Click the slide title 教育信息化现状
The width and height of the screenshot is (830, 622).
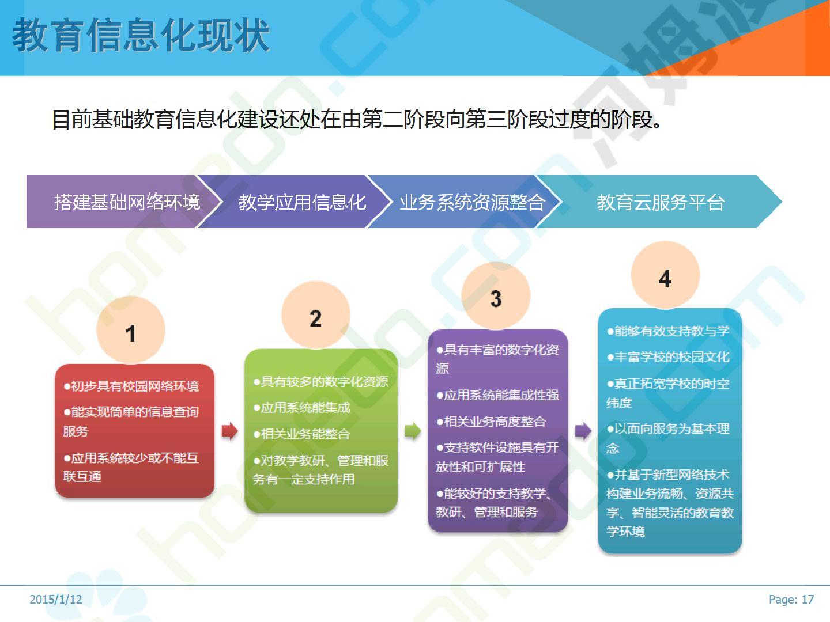click(x=141, y=36)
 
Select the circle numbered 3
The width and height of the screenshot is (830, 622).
click(x=496, y=295)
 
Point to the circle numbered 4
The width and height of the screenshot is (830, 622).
click(x=665, y=275)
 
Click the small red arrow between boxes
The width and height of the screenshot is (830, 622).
click(x=229, y=431)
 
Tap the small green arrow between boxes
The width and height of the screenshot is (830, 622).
click(x=413, y=431)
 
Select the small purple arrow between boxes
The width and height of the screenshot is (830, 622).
click(x=583, y=431)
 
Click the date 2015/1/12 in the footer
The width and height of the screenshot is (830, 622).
click(x=55, y=600)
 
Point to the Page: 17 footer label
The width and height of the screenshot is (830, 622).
click(x=791, y=600)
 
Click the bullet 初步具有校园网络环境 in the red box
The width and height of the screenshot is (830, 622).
click(x=131, y=386)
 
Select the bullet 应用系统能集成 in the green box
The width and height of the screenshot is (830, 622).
click(x=302, y=408)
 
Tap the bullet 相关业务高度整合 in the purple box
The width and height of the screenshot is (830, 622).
click(x=491, y=422)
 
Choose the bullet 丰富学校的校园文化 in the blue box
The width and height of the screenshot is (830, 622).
click(x=668, y=357)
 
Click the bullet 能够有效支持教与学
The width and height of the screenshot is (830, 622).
click(x=668, y=331)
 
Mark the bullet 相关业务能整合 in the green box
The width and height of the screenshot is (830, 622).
click(x=302, y=434)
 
